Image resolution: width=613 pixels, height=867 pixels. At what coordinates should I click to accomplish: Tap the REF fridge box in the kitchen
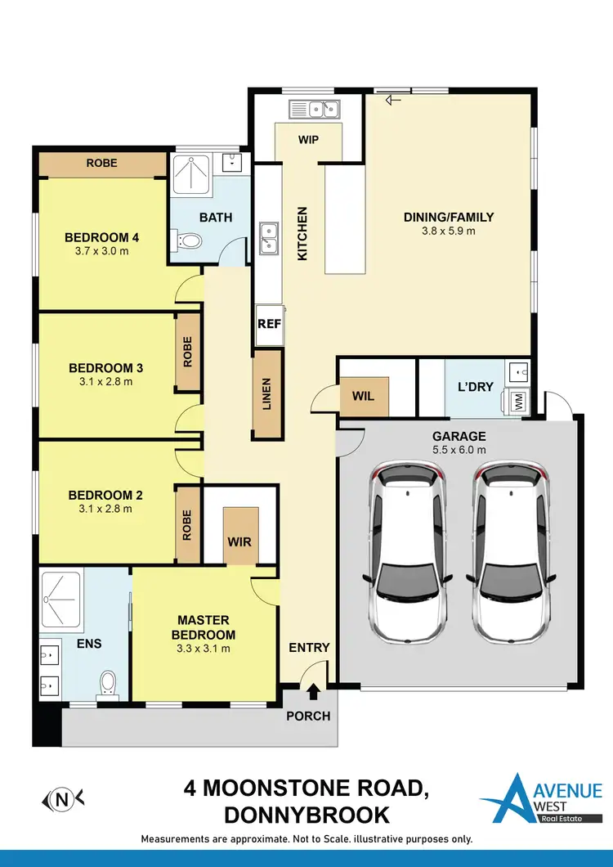coord(270,323)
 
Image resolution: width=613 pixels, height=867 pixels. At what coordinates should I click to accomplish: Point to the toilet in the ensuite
coord(107,683)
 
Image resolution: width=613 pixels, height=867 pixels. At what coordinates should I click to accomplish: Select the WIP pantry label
coord(308,140)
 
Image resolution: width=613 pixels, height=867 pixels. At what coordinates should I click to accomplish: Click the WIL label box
coord(363,397)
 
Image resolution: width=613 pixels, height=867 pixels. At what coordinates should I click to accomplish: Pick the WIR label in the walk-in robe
coord(240,541)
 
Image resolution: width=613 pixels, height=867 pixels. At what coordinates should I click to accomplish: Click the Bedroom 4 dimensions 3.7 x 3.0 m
coord(102,251)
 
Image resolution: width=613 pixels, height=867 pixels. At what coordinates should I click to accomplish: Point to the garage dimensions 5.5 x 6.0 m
coord(459,449)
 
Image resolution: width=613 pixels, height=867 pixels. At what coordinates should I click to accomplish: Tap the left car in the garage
coord(408,552)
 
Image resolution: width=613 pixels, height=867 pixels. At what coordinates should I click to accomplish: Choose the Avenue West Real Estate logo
coord(539,799)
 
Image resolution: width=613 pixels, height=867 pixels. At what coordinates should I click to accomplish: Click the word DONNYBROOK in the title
coord(306,815)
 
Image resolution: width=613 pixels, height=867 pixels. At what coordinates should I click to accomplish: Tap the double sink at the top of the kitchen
coord(314,107)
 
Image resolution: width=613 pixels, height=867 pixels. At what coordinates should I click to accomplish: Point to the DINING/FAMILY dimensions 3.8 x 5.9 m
coord(449,231)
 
